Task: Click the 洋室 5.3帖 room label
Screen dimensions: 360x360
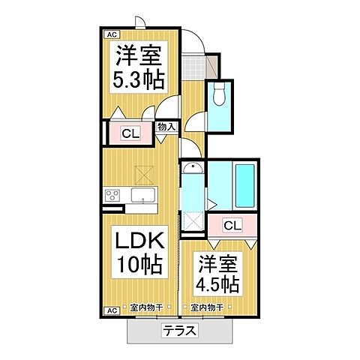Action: pos(139,67)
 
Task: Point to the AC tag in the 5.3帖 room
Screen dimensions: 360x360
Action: pos(109,34)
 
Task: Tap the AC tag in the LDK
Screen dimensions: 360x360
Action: pos(109,310)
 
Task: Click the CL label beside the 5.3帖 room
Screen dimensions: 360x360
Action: pos(129,135)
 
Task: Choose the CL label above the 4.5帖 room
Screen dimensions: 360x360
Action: pos(232,225)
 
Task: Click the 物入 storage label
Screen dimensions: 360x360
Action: pos(166,127)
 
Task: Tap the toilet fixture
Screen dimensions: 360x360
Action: pos(219,95)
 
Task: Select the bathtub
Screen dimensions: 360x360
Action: pos(244,186)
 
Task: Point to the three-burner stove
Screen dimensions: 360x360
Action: pos(112,196)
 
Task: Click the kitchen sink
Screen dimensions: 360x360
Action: pos(142,196)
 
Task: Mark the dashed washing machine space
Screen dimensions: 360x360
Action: pos(193,223)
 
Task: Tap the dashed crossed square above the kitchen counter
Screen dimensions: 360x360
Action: pos(143,174)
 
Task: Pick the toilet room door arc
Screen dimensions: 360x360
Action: pos(196,121)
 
